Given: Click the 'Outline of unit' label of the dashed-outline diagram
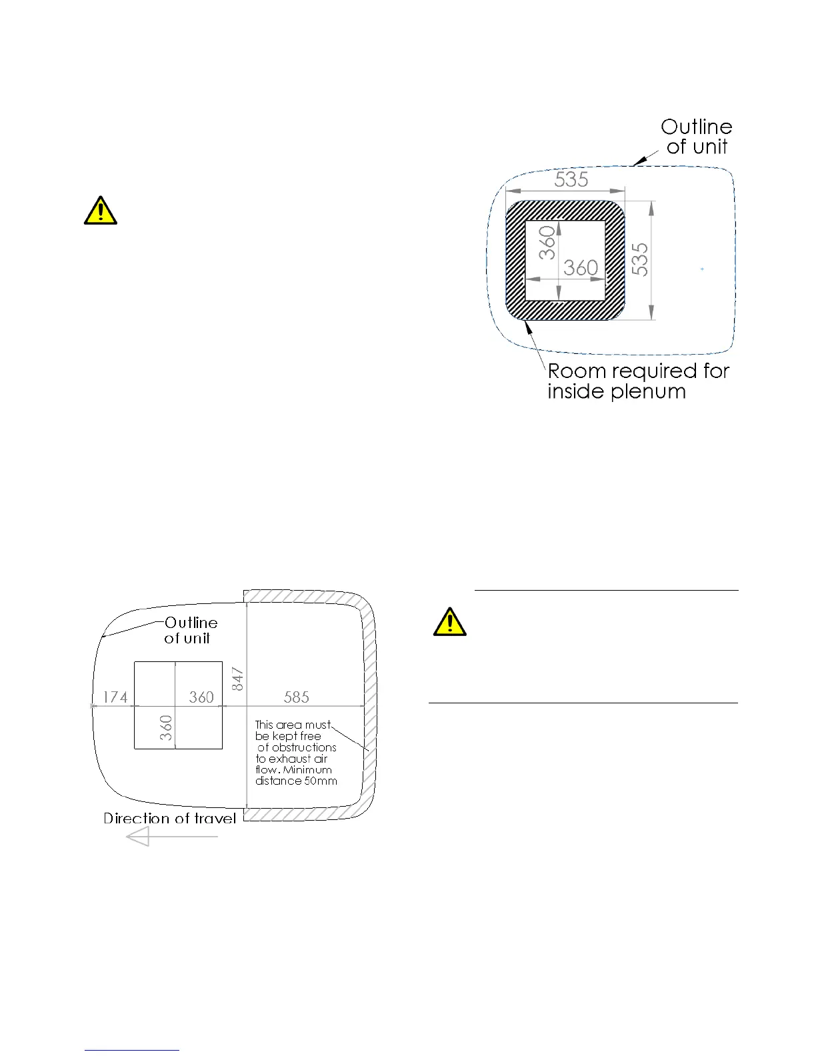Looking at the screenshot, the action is pos(697,137).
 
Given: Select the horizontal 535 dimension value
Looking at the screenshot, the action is pos(571,179).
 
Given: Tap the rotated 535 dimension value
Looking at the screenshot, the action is pos(639,259).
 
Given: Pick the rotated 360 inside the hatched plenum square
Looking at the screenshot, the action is pos(547,243).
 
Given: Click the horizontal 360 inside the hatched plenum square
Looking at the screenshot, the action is pos(581,268).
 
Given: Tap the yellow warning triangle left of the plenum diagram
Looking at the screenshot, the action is pos(101,211).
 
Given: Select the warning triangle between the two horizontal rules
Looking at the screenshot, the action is pos(449,621).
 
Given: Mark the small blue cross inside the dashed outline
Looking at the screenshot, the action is pos(702,269).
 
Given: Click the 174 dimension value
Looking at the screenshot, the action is pos(115,697).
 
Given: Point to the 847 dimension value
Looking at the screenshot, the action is pos(238,679).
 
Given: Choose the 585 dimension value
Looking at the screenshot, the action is pos(297,697).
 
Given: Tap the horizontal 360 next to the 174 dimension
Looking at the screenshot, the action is pos(201,697).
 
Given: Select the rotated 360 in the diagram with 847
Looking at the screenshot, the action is pos(166,727).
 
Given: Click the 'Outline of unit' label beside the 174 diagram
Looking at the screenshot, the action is pos(191,630).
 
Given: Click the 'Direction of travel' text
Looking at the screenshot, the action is pos(170,819).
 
